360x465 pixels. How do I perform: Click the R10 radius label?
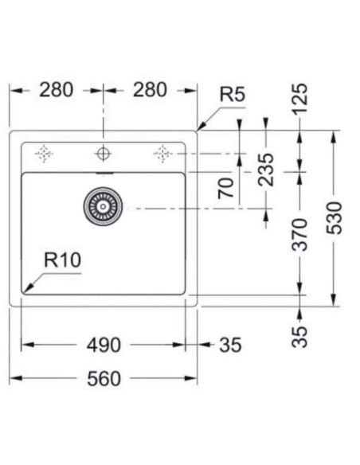click(x=63, y=260)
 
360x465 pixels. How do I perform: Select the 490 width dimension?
click(x=104, y=345)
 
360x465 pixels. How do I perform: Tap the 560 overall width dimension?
click(x=104, y=378)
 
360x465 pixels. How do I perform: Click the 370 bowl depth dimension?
click(x=299, y=233)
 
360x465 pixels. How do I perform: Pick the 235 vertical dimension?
click(x=266, y=169)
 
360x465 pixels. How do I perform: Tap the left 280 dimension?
click(x=57, y=90)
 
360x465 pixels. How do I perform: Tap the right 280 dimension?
click(x=150, y=90)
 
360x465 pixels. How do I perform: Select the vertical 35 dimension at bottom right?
click(x=299, y=335)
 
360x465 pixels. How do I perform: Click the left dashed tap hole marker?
click(x=44, y=152)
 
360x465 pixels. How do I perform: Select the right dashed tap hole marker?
click(x=162, y=152)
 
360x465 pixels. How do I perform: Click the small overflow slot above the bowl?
click(x=103, y=170)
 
